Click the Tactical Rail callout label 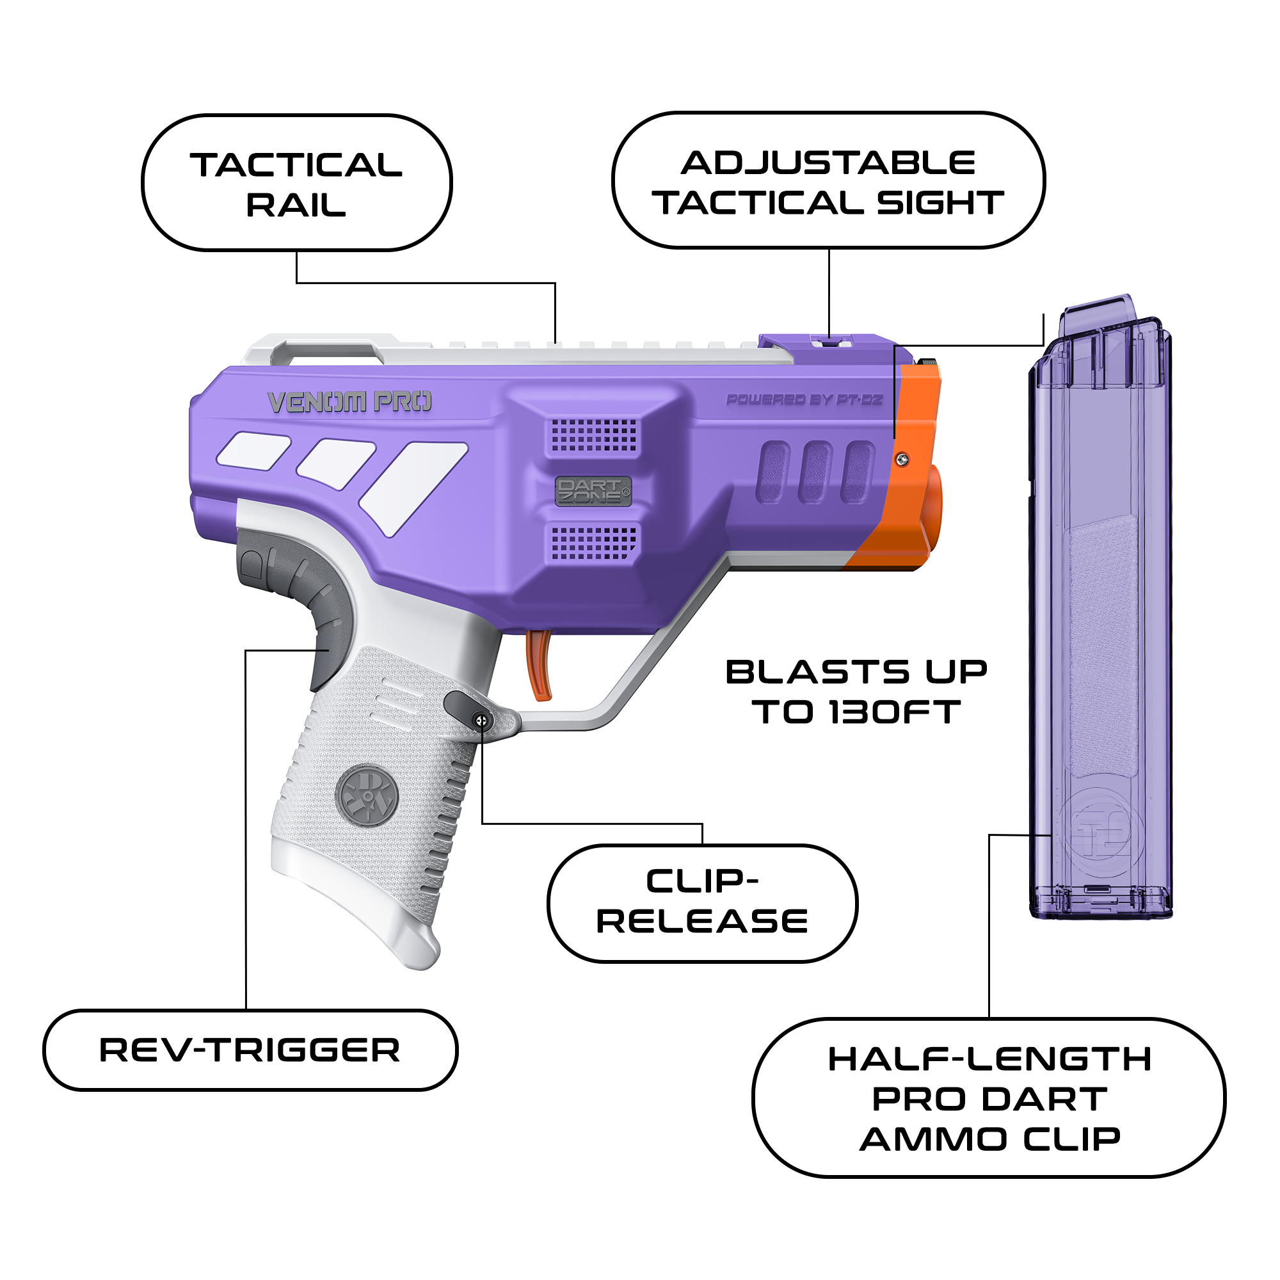click(297, 183)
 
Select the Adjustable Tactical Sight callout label click(829, 180)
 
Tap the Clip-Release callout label click(702, 902)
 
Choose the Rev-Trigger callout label click(250, 1050)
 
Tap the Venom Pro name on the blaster click(350, 401)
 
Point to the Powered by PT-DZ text click(804, 399)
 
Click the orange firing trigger click(540, 664)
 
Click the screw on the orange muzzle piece click(902, 459)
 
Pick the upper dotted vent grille click(595, 435)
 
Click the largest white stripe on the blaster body click(413, 488)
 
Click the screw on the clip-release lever click(482, 721)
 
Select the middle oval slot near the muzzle click(815, 472)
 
